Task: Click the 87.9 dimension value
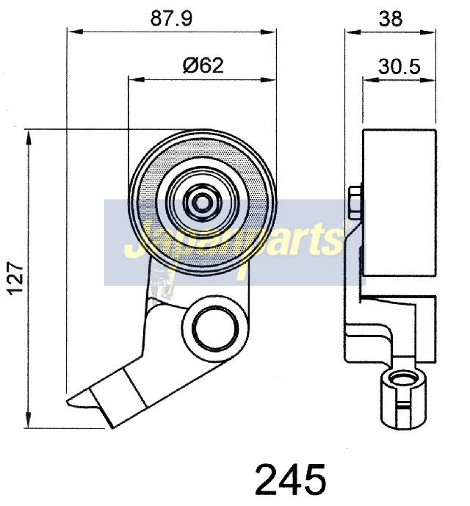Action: click(x=171, y=18)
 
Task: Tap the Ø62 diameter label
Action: click(x=203, y=65)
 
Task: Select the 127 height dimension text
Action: click(x=16, y=278)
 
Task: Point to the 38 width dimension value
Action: click(x=391, y=18)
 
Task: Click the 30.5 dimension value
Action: click(x=399, y=67)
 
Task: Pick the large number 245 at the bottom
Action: click(x=291, y=480)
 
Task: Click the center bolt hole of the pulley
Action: click(x=202, y=203)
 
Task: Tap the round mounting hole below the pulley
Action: click(x=215, y=329)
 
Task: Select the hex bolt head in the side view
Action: click(x=355, y=201)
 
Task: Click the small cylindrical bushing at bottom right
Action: click(x=402, y=400)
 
